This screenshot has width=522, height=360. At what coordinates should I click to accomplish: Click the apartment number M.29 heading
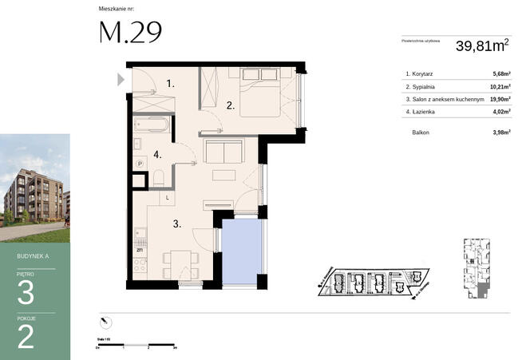coord(130,32)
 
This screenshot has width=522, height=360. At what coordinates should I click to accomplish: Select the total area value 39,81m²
coord(480,46)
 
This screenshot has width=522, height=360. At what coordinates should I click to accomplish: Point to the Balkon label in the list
coord(421,132)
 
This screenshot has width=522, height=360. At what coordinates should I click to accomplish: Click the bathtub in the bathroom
coord(151,125)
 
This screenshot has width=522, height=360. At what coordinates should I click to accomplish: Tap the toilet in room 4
coord(158,177)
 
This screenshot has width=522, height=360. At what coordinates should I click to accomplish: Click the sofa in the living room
coord(224,150)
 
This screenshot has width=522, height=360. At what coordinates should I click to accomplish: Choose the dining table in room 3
coord(180,263)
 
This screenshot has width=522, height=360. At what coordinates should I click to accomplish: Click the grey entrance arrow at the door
coord(121,79)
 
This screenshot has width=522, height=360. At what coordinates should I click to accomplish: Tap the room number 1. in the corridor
coord(170,83)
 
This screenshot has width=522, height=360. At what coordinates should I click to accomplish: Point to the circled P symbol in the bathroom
coord(140,164)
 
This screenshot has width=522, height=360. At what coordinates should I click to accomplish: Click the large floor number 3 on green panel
coord(26,293)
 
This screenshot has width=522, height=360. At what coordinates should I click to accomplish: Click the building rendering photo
coord(34,188)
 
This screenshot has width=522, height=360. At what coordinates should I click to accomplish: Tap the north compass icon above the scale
coord(104,321)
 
